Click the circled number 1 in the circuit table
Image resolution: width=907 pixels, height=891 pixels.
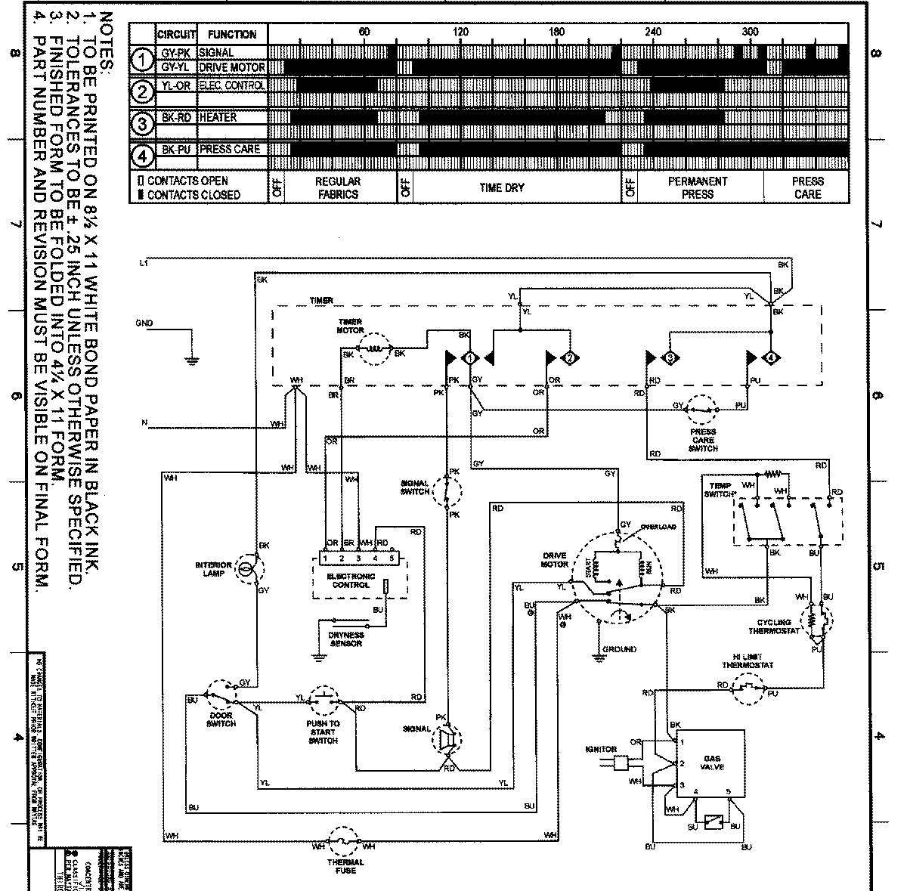coord(142,59)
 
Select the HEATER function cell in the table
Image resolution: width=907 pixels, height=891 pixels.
coord(218,117)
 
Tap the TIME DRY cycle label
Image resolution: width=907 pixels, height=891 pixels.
coord(502,187)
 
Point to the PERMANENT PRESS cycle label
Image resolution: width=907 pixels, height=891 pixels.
coord(697,187)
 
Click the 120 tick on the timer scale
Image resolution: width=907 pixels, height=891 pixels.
coord(460,32)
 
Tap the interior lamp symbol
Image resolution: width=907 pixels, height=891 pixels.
coord(246,569)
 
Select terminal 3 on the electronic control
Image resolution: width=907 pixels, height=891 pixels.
coord(358,558)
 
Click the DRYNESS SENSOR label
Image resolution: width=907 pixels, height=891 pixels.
coord(345,639)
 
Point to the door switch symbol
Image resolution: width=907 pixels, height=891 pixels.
coord(222,691)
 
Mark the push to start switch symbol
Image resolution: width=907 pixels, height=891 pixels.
coord(324,699)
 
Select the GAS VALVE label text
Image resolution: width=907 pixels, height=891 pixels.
coord(713,762)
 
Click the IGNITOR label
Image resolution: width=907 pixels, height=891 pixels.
coord(601,750)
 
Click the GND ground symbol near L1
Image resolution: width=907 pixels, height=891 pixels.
coord(192,360)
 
